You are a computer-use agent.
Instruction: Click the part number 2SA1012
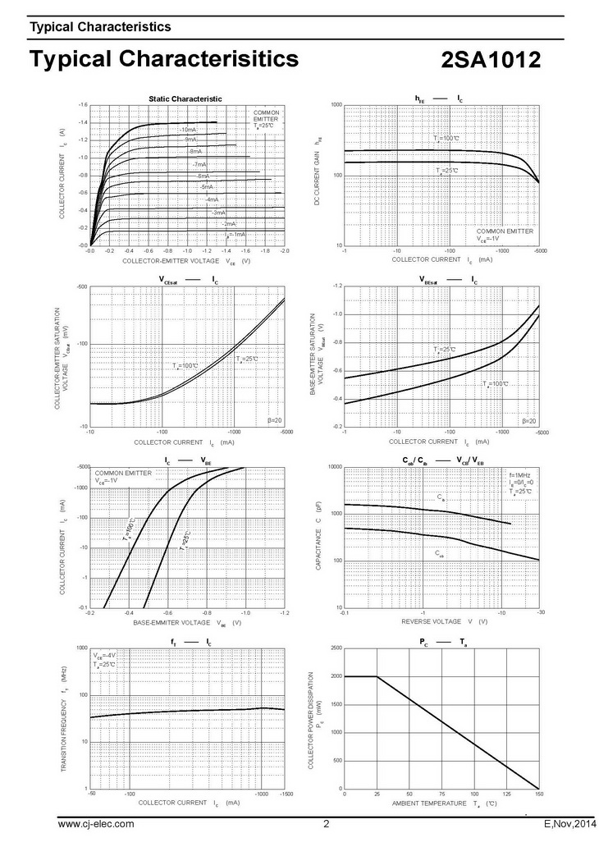tap(491, 62)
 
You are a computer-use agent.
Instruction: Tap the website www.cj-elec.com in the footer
tap(95, 824)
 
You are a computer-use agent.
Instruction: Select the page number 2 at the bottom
tap(326, 824)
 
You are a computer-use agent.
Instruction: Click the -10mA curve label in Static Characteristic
tap(187, 130)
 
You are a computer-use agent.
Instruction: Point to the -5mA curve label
tap(206, 187)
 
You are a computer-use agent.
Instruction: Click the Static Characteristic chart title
tap(185, 98)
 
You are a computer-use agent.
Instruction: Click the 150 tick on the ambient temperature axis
tap(538, 794)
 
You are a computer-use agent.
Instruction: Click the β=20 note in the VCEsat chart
tap(277, 420)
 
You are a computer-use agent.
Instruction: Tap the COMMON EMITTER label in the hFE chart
tap(505, 231)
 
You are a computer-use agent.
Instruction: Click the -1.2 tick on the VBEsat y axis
tap(336, 286)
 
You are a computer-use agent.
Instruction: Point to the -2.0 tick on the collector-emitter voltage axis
tap(284, 251)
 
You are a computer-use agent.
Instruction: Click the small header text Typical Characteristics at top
tap(100, 27)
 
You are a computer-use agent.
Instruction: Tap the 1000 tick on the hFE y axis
tap(336, 106)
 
